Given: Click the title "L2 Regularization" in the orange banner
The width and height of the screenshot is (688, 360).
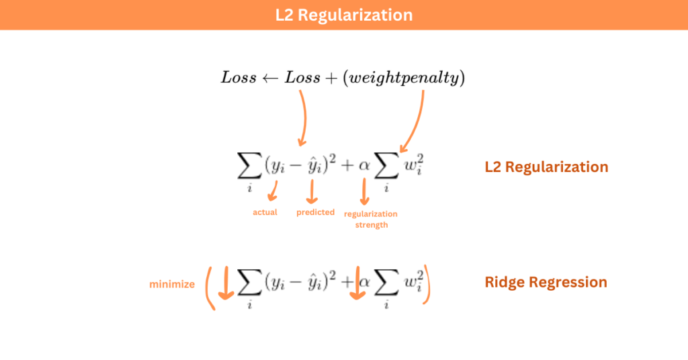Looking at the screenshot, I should pos(343,15).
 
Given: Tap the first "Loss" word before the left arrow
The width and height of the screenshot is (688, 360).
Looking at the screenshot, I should pos(239,78).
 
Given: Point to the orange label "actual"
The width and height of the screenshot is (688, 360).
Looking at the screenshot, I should pos(265,212).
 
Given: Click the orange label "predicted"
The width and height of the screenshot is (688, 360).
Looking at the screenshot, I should pos(315,212).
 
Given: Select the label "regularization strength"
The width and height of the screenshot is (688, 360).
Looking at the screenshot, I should pos(370,219).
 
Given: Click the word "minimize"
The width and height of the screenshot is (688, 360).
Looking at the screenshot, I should pos(172,284).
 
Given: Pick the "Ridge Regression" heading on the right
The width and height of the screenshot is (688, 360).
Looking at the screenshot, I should pos(546,282).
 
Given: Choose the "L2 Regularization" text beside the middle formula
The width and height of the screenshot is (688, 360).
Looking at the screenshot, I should pos(546,167).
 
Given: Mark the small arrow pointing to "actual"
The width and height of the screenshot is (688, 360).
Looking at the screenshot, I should pos(272,191).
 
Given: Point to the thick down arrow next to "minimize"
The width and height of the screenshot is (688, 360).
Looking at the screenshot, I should pos(226,284).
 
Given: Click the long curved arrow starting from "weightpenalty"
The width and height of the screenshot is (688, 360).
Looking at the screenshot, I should pos(417,121).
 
